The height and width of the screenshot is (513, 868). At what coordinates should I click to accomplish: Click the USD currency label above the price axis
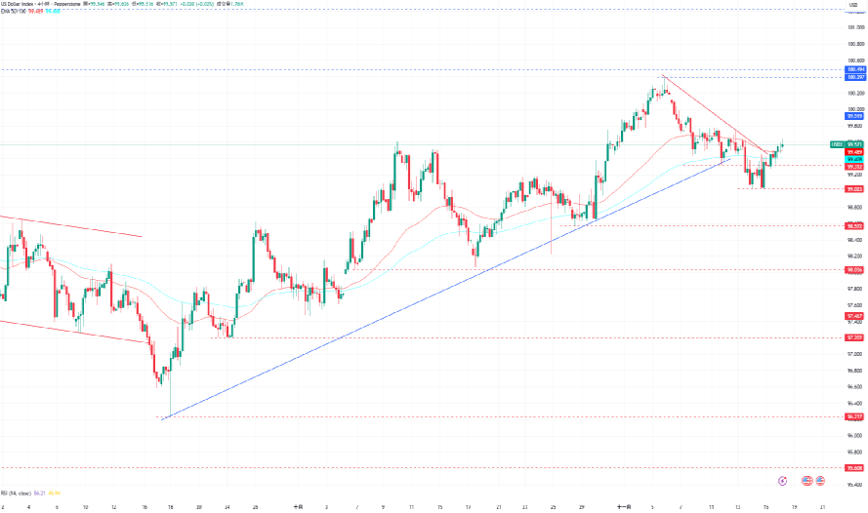click(852, 7)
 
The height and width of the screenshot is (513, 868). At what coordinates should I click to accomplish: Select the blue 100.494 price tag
click(856, 70)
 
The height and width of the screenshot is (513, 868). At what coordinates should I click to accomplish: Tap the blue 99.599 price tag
click(856, 116)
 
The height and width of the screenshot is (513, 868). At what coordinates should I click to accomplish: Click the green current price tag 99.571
click(856, 144)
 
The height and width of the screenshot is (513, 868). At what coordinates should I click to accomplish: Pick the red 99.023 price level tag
click(856, 188)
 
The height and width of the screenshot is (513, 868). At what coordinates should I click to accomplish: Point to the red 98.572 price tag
click(856, 225)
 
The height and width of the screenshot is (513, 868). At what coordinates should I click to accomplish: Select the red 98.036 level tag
click(856, 269)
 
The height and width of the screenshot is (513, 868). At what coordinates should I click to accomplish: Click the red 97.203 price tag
click(856, 337)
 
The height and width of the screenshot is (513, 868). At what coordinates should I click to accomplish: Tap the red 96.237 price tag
click(856, 416)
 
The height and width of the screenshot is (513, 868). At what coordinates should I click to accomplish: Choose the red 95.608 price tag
click(856, 467)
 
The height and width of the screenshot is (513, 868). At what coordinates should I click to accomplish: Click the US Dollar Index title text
click(20, 4)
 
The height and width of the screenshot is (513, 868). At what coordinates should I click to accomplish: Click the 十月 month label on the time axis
click(298, 507)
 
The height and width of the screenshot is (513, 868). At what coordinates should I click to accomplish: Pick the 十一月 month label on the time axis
click(624, 507)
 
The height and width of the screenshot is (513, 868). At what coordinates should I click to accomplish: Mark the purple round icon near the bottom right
click(784, 481)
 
